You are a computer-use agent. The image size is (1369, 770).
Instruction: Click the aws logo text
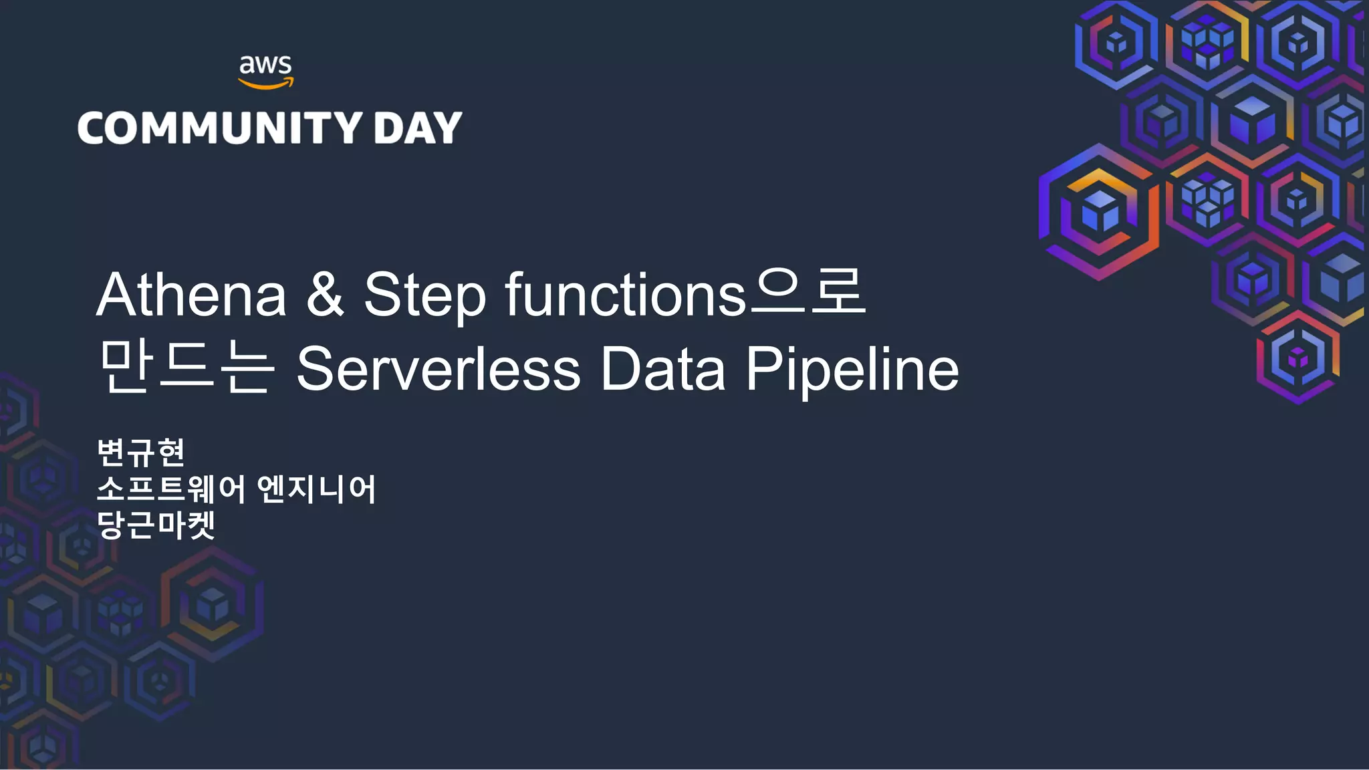(265, 65)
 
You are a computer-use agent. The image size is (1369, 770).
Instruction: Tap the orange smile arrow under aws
(266, 84)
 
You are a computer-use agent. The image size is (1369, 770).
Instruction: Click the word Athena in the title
(192, 295)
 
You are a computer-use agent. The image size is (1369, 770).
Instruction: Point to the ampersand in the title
(325, 295)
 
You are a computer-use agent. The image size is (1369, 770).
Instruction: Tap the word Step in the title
(424, 295)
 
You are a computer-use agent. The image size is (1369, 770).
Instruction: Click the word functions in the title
(625, 295)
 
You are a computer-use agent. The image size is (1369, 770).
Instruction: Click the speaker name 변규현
(141, 453)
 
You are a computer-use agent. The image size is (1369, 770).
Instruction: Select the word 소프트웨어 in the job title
(171, 489)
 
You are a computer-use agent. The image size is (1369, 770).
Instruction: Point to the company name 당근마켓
(156, 525)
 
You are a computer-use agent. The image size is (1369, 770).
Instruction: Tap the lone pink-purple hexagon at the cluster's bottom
(1297, 357)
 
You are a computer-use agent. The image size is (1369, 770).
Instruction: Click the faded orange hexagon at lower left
(213, 604)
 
